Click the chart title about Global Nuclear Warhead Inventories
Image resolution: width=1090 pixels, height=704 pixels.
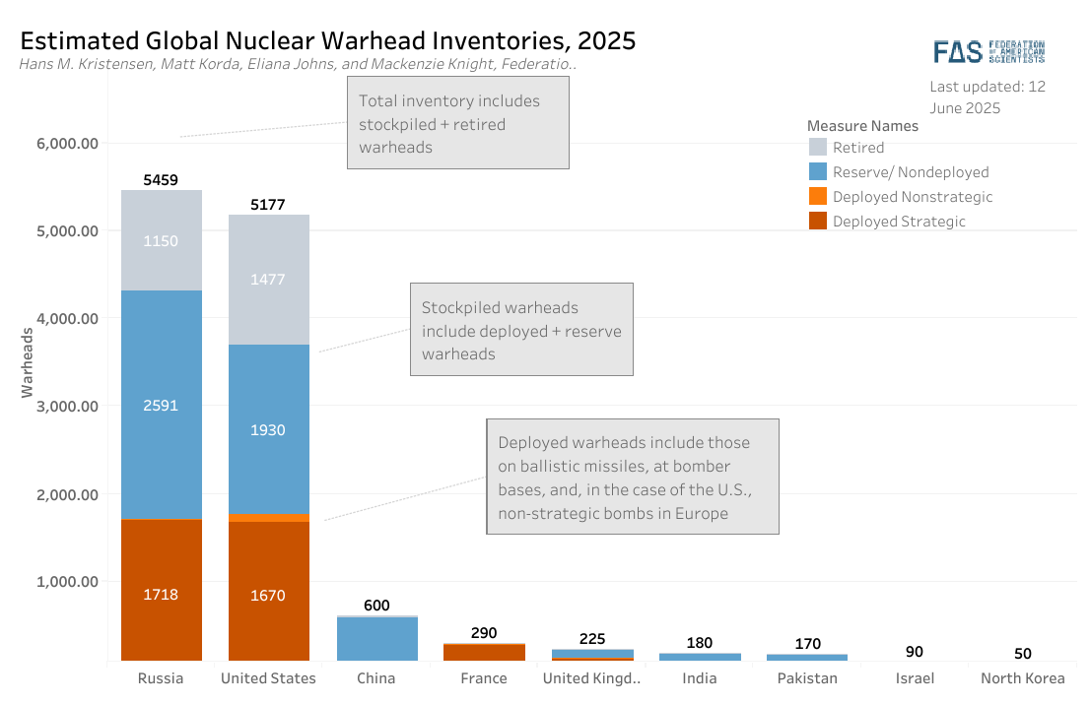[327, 40]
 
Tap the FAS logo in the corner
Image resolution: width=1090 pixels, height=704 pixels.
[988, 52]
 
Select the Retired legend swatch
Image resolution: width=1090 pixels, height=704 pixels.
[818, 148]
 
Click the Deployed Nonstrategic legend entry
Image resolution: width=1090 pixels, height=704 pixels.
[912, 197]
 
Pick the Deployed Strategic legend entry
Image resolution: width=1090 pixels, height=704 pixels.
[899, 222]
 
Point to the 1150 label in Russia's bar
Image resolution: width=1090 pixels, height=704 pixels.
[161, 241]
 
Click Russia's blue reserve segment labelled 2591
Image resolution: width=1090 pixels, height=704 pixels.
[161, 405]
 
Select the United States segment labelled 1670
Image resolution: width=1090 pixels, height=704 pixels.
[268, 595]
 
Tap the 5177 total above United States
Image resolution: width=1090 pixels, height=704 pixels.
[268, 205]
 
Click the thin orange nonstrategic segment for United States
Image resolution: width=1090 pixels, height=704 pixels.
[268, 518]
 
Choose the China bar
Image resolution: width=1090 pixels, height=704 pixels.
[376, 638]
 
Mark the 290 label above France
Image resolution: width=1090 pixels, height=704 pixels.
[484, 633]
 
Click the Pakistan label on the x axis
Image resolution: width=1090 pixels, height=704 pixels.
[807, 678]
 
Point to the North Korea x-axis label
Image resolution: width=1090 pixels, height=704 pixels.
[1022, 678]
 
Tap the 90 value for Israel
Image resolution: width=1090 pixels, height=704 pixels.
[915, 652]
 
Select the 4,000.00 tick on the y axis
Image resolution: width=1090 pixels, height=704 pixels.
[67, 319]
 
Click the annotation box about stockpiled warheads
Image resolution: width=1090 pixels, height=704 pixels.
[521, 331]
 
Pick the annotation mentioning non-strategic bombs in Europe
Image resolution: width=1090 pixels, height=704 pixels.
[633, 478]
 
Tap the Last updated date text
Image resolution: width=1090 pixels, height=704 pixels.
[988, 96]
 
